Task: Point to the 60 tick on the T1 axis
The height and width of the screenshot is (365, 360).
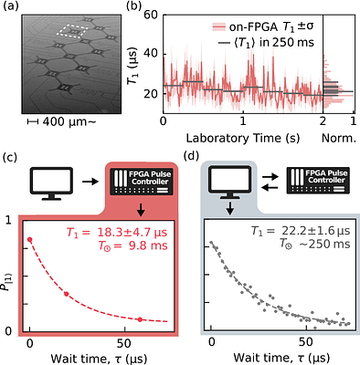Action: click(147, 16)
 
